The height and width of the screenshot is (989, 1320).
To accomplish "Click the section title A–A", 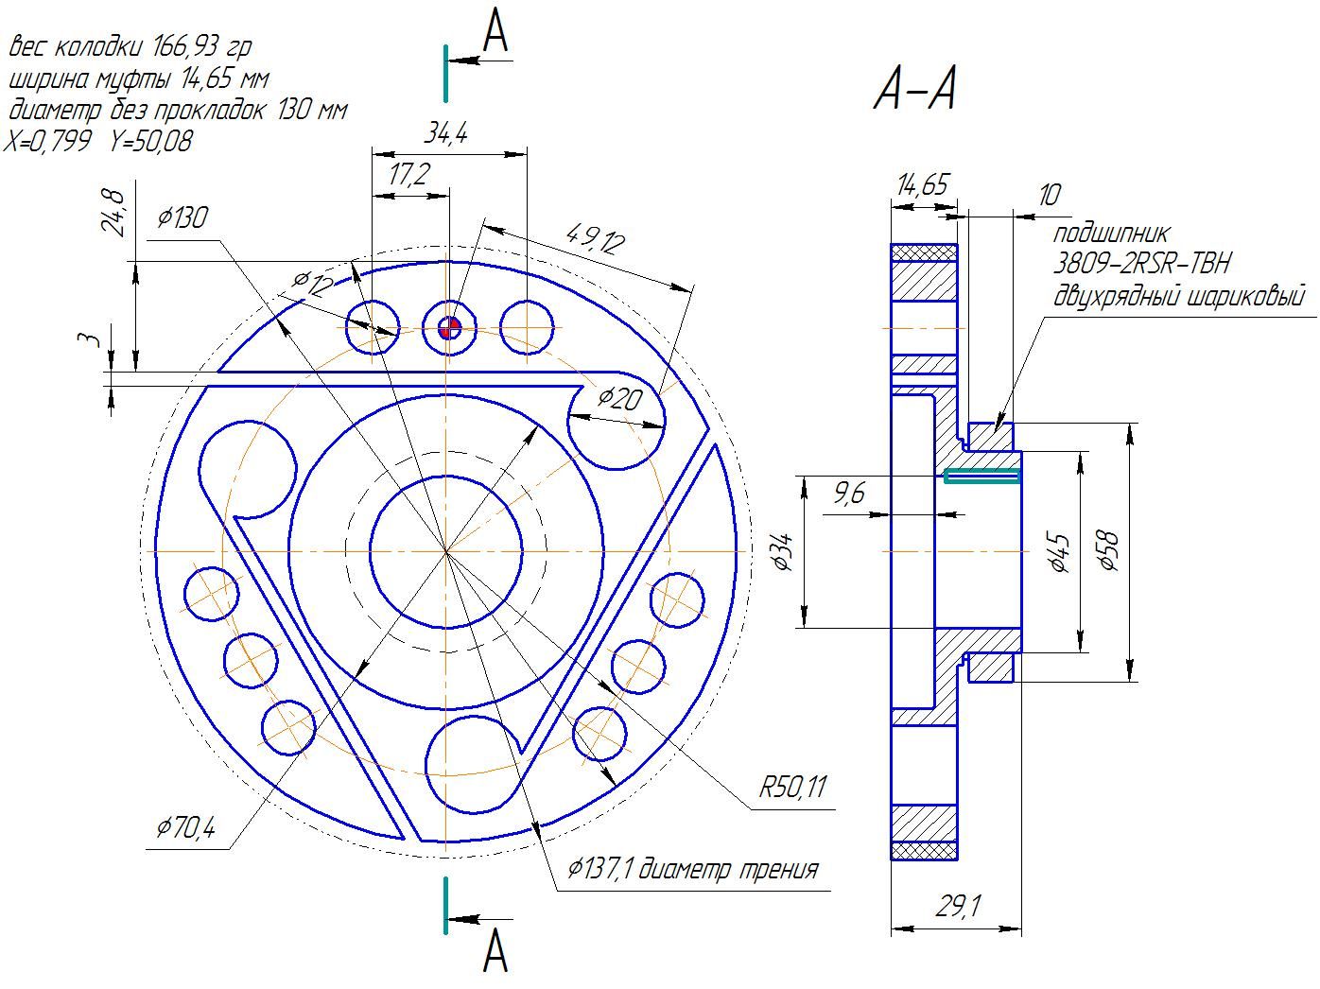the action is click(914, 89).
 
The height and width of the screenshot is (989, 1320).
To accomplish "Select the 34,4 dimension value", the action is click(445, 133).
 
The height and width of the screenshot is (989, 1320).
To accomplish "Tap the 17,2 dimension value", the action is click(409, 174).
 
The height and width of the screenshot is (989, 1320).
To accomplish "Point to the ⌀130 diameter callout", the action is click(182, 217).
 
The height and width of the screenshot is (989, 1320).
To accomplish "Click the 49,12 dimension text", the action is click(596, 238).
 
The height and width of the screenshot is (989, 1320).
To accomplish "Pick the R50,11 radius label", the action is click(793, 787).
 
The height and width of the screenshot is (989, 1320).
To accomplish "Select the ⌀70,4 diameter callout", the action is click(185, 828).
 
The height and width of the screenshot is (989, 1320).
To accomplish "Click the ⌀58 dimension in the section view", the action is click(1107, 550).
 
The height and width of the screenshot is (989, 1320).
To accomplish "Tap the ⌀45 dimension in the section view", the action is click(1060, 551).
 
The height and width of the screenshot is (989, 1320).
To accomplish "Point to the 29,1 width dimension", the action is click(959, 906).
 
